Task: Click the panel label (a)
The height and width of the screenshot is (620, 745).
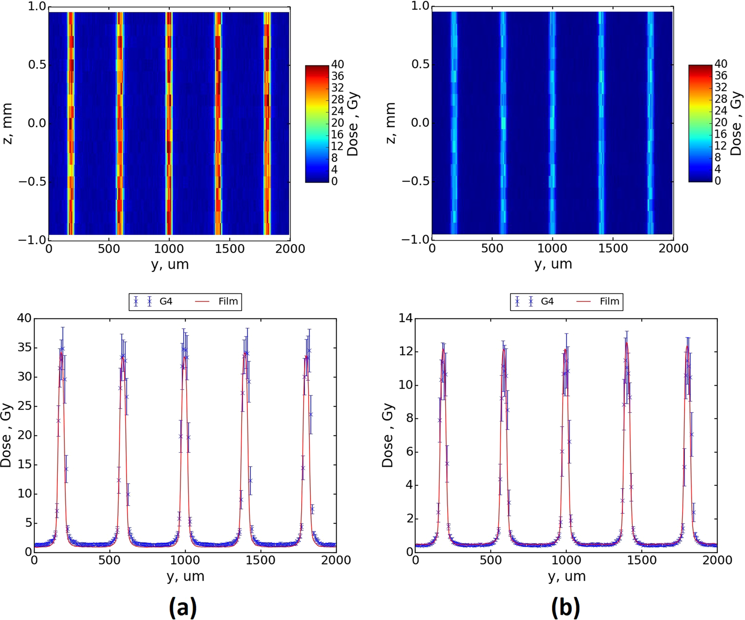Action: click(x=183, y=607)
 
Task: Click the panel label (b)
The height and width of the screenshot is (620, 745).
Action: click(x=565, y=607)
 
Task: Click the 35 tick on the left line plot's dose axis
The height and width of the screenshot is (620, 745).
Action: click(x=25, y=348)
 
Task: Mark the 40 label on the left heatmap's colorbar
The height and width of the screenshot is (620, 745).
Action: click(x=337, y=64)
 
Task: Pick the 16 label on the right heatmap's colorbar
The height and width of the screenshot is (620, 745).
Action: click(x=721, y=134)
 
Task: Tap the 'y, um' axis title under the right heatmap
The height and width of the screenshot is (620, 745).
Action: click(x=553, y=264)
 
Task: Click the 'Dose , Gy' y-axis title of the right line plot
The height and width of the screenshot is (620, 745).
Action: click(x=388, y=435)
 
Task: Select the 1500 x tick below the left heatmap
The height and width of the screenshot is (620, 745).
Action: click(x=229, y=249)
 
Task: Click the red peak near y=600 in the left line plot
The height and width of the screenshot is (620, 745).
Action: click(x=123, y=358)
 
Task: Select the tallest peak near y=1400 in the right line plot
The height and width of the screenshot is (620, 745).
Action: click(x=627, y=342)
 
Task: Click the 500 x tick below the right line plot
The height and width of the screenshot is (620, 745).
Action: click(x=491, y=561)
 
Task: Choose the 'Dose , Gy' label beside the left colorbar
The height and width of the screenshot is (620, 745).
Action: click(x=353, y=124)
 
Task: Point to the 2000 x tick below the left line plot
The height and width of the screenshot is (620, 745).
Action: click(x=336, y=561)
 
